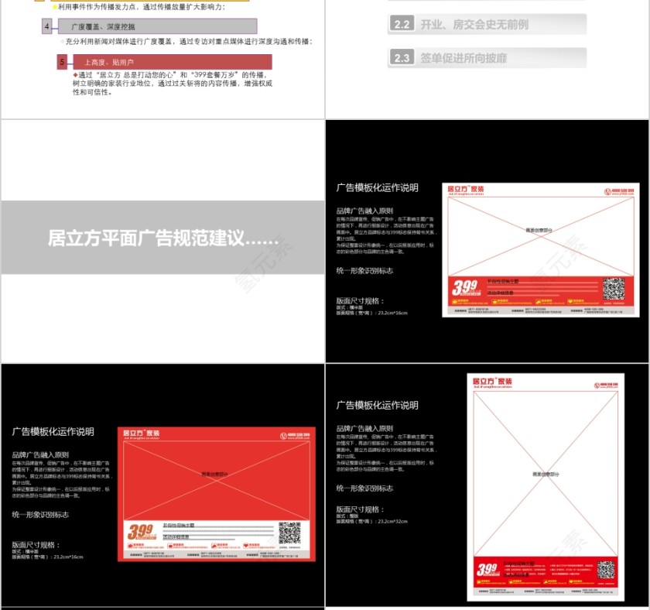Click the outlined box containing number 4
click(47, 27)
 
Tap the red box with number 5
click(62, 62)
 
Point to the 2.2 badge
click(402, 25)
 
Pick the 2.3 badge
click(402, 58)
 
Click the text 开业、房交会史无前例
click(474, 25)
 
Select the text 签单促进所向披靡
click(464, 58)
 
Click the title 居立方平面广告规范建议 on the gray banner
click(163, 238)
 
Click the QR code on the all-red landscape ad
click(289, 533)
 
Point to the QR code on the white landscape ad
click(614, 289)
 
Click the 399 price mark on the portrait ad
click(488, 571)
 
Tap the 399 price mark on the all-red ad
click(140, 532)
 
